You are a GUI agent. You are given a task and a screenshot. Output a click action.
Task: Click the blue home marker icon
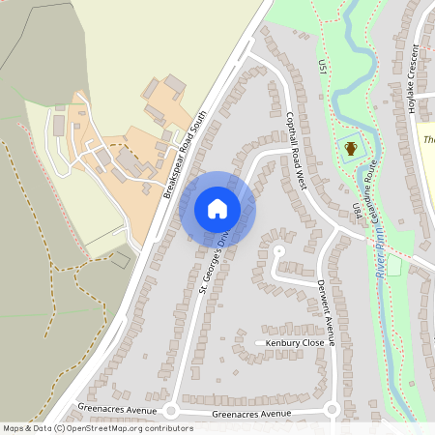217,208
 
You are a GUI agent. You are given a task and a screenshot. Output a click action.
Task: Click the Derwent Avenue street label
326,309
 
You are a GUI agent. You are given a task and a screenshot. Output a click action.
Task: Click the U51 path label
323,68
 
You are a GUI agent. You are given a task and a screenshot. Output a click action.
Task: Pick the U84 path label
357,210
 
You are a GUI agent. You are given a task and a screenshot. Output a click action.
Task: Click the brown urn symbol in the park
350,149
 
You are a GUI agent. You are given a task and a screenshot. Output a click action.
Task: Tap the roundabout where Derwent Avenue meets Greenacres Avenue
332,410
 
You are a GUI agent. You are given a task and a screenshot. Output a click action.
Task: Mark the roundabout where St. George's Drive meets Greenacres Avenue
170,411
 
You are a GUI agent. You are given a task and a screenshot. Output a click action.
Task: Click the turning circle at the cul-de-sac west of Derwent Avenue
278,251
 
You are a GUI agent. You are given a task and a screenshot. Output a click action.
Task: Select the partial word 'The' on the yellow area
429,140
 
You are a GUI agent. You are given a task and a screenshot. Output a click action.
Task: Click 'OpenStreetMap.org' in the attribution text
109,427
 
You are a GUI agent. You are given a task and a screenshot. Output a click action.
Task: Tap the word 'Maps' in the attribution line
14,427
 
